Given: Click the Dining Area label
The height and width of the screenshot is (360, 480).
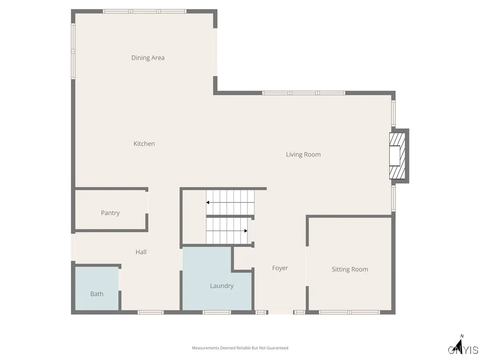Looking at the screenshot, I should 148,58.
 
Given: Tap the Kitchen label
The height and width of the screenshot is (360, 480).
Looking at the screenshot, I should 144,144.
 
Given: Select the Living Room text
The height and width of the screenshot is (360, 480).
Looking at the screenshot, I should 303,155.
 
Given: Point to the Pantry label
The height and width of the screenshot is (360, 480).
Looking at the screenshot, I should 110,213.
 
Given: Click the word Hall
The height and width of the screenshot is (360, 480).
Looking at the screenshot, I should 141,252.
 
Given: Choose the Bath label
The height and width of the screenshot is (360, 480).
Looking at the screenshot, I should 97,294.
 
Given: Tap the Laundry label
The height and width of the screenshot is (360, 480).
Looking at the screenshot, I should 222,286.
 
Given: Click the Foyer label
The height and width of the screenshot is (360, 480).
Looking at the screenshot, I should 280,268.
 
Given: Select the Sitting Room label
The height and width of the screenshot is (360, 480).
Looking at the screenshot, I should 350,270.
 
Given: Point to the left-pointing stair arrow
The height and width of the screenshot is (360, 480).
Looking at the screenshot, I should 207,202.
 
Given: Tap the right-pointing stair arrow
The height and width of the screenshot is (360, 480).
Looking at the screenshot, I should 245,231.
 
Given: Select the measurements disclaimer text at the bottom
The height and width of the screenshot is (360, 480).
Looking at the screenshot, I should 240,348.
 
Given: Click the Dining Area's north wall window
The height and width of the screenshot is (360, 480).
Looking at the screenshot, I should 145,11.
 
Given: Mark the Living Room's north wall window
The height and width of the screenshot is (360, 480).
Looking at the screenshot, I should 304,93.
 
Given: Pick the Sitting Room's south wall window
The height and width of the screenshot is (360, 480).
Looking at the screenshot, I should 349,312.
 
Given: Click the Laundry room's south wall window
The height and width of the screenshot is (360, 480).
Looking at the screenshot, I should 217,312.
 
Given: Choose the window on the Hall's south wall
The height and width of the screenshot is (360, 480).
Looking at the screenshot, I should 150,312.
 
